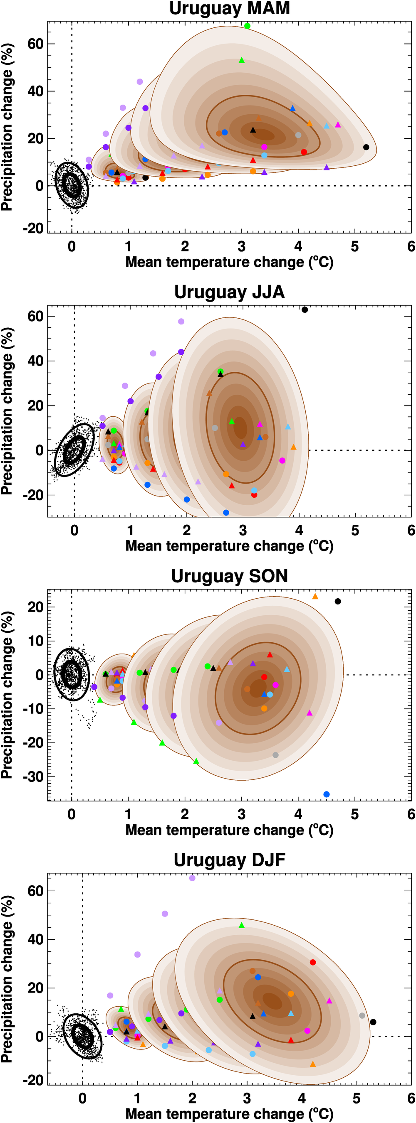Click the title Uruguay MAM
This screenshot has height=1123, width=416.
[229, 8]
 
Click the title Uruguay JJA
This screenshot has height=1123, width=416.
[229, 292]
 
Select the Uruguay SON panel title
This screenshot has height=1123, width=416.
[229, 576]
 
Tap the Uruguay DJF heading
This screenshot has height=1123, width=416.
[229, 860]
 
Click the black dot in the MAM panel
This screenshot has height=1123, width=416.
[366, 147]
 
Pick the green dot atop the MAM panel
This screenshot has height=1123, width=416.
[247, 26]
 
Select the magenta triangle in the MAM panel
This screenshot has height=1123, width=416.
[337, 125]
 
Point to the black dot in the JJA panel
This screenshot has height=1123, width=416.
[305, 310]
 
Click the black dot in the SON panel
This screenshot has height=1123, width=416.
[337, 602]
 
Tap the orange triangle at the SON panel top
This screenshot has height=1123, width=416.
[315, 596]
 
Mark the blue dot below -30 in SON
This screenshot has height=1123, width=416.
[327, 794]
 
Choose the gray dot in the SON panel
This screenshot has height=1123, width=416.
[275, 755]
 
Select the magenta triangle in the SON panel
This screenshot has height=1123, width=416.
[310, 713]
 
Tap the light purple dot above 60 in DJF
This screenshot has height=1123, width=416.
[192, 878]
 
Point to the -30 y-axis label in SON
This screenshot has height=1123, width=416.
[35, 777]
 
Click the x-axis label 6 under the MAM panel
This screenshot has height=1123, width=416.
[411, 247]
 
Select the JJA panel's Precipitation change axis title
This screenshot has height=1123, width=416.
[7, 410]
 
